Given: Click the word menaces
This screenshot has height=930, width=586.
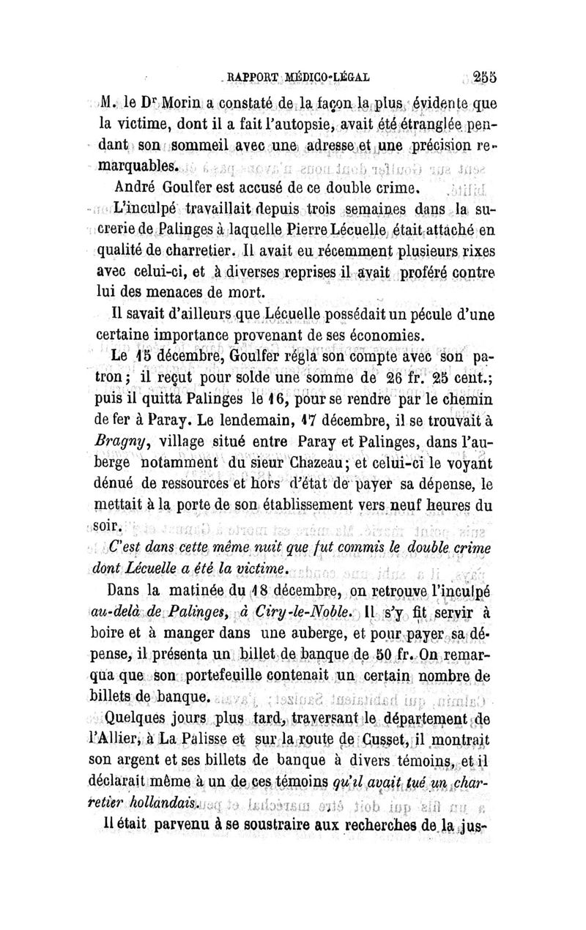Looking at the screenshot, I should (x=191, y=293).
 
